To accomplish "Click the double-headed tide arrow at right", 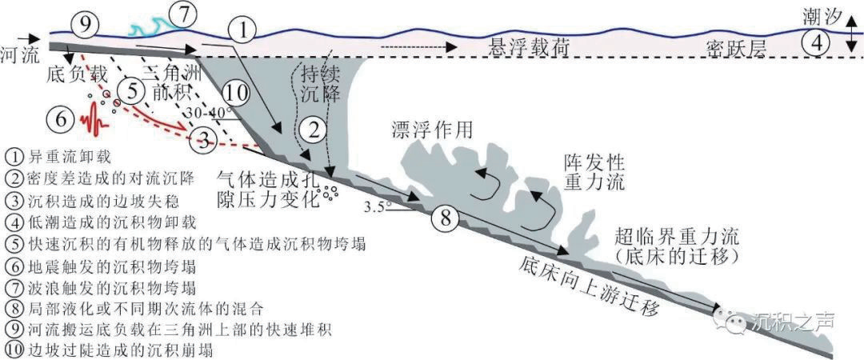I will click(x=852, y=38).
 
